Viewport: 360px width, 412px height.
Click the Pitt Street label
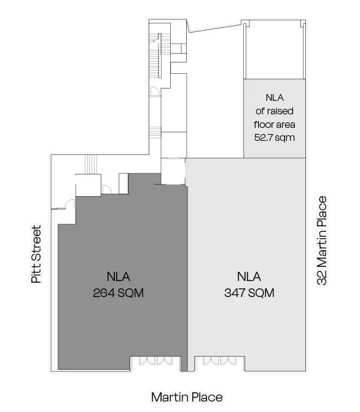(36, 254)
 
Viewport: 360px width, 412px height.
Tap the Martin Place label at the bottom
(187, 397)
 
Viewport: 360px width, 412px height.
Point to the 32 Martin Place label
(322, 240)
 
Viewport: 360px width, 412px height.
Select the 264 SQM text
(119, 293)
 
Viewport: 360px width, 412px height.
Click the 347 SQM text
(249, 293)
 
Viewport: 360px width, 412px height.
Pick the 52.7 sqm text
(275, 137)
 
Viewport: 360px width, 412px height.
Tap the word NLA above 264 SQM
(119, 277)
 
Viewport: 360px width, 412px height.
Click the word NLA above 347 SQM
(249, 277)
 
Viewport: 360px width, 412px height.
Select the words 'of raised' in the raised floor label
(275, 111)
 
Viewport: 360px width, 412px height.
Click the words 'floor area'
(275, 124)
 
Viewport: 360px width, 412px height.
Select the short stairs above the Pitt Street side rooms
(91, 164)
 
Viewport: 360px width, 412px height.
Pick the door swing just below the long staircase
(155, 92)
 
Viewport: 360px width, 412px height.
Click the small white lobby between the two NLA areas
(173, 171)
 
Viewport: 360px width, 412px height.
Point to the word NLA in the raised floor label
(275, 98)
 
